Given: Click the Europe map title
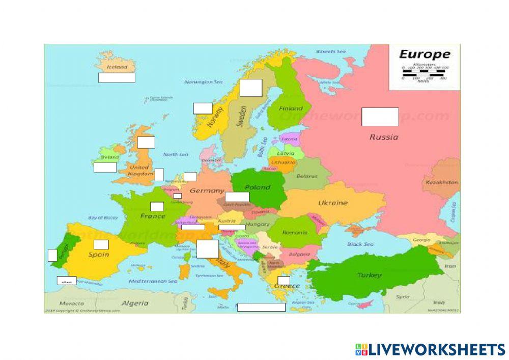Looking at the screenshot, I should pyautogui.click(x=424, y=54).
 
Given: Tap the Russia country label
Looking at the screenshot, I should pyautogui.click(x=384, y=136).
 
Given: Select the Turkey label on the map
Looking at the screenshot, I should pyautogui.click(x=369, y=275).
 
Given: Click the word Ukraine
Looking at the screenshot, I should pyautogui.click(x=333, y=203).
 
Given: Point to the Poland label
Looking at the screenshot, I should pyautogui.click(x=258, y=187).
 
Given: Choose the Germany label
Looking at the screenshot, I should pyautogui.click(x=207, y=191).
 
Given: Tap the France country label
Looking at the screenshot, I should pyautogui.click(x=153, y=216).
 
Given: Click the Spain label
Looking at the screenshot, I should pyautogui.click(x=99, y=254).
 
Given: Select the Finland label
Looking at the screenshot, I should pyautogui.click(x=290, y=108).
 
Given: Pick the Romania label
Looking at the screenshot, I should pyautogui.click(x=295, y=232).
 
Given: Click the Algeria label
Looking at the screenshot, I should pyautogui.click(x=134, y=303).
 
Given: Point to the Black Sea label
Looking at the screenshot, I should pyautogui.click(x=360, y=244).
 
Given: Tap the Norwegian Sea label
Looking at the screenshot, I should pyautogui.click(x=204, y=81).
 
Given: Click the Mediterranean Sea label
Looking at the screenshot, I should pyautogui.click(x=153, y=281).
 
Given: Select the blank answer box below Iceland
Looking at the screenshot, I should pyautogui.click(x=117, y=78).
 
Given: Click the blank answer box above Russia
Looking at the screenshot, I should pyautogui.click(x=380, y=117).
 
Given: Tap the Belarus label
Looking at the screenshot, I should pyautogui.click(x=307, y=176).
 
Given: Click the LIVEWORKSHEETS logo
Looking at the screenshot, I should pyautogui.click(x=430, y=349).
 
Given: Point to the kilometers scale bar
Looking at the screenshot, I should pyautogui.click(x=424, y=71).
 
